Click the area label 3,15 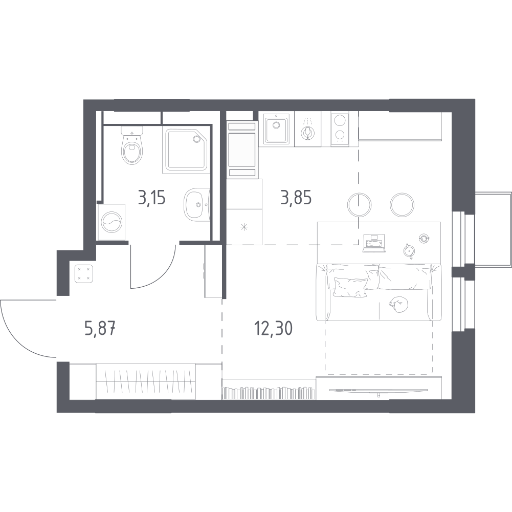click(x=152, y=198)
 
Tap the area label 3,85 click(x=296, y=198)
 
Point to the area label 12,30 click(x=273, y=328)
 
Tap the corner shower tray click(x=186, y=151)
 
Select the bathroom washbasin click(x=196, y=205)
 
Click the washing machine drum click(x=112, y=222)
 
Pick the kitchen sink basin click(x=276, y=128)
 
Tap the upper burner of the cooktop click(x=340, y=119)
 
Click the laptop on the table click(x=374, y=243)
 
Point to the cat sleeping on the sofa click(x=398, y=305)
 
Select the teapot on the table click(x=408, y=251)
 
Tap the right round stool click(x=402, y=205)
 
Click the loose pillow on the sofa click(x=350, y=287)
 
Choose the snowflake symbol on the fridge click(x=244, y=227)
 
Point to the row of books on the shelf click(x=269, y=393)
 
